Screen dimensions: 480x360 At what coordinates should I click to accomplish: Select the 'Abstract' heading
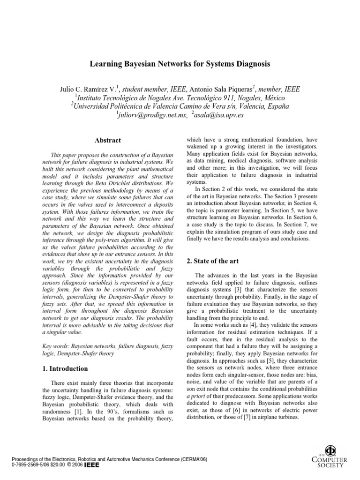coord(108,140)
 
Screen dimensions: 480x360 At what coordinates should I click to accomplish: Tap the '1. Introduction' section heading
coord(66,368)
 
